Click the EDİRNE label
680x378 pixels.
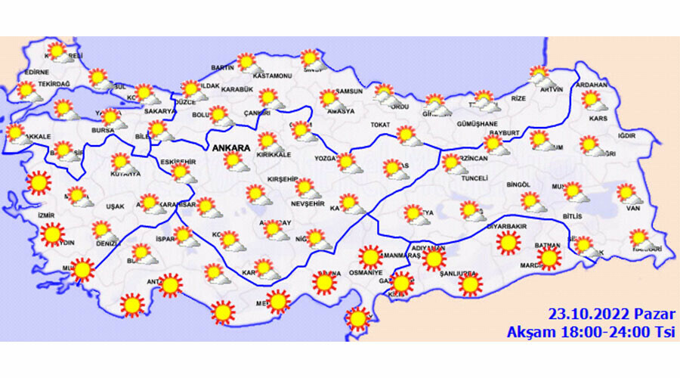point(36,72)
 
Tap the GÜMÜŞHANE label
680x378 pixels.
point(477,123)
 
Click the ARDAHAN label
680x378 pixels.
point(592,85)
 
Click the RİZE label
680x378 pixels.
point(518,98)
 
